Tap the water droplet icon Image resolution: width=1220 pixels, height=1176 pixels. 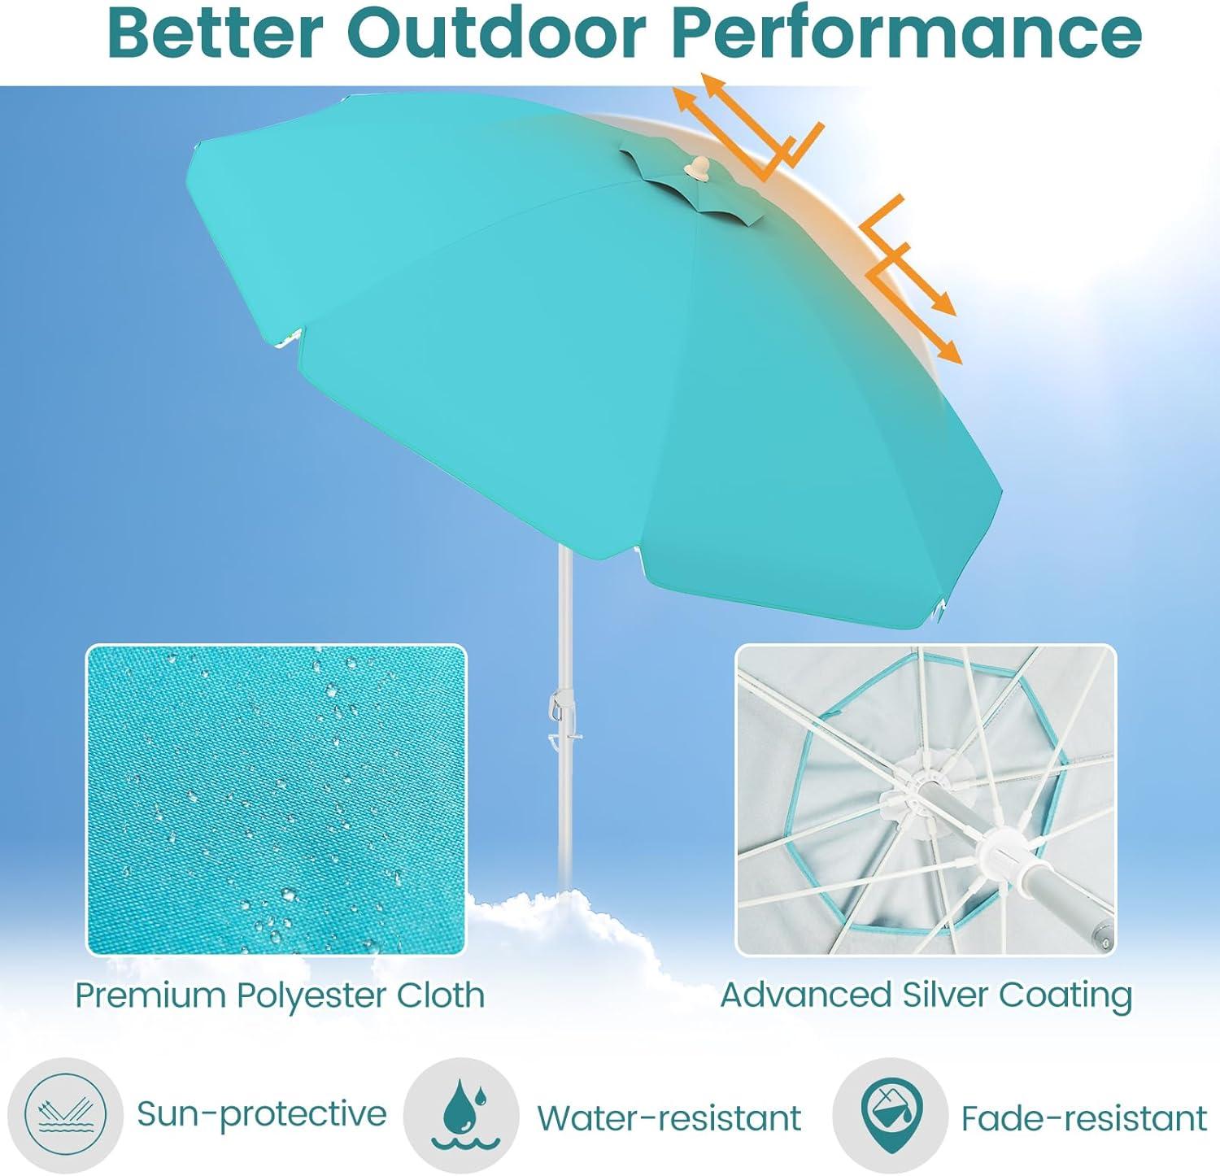pos(460,1114)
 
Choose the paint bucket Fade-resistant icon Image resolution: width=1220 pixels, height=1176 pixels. pos(890,1114)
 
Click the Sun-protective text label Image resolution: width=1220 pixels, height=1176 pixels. pos(261,1113)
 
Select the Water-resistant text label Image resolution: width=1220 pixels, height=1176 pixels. pos(669,1118)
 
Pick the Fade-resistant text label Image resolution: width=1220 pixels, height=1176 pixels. pos(1084,1118)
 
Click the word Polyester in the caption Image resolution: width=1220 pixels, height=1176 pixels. pos(312,995)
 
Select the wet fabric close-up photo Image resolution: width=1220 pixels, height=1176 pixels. pos(277,799)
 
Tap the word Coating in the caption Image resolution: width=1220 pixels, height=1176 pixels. pos(1066,995)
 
